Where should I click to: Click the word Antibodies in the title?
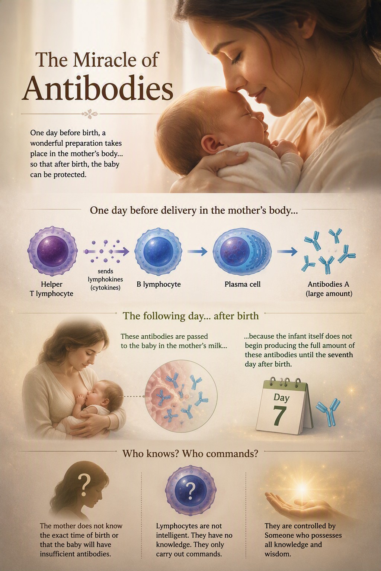[x=97, y=88]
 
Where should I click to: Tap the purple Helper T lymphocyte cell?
[x=52, y=251]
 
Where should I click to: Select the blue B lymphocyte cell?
[x=158, y=251]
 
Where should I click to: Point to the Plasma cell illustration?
[x=242, y=251]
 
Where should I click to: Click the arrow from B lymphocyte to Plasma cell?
[x=197, y=251]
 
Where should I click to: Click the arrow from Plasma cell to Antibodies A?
[x=287, y=252]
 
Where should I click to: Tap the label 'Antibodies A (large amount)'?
[x=329, y=289]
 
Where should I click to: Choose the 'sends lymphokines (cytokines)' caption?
[x=105, y=280]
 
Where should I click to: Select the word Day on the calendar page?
[x=282, y=398]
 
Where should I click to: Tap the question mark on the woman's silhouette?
[x=84, y=485]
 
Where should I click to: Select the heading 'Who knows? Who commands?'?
[x=190, y=454]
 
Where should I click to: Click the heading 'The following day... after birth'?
[x=190, y=316]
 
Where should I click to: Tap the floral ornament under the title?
[x=90, y=114]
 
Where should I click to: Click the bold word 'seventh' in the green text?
[x=340, y=355]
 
